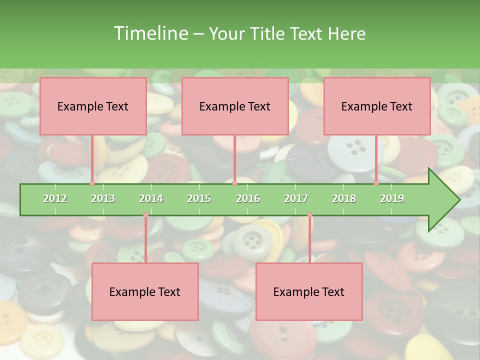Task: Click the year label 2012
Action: [55, 198]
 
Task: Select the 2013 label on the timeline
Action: [103, 198]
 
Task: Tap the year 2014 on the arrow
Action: [151, 198]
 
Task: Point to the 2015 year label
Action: [199, 198]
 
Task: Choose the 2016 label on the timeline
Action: [248, 198]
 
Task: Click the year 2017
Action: [296, 198]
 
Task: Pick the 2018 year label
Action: [344, 198]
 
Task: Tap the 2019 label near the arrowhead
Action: [392, 198]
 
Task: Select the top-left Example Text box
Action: [93, 106]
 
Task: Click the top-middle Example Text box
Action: [235, 106]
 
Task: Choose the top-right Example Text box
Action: [377, 106]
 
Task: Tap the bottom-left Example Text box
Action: [145, 292]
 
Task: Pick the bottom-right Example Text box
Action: [309, 292]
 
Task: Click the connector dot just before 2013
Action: [92, 183]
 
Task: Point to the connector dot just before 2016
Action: [234, 183]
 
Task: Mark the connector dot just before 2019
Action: [376, 183]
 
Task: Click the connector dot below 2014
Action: [145, 215]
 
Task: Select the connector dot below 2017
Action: [309, 215]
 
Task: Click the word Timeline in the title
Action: [150, 33]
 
